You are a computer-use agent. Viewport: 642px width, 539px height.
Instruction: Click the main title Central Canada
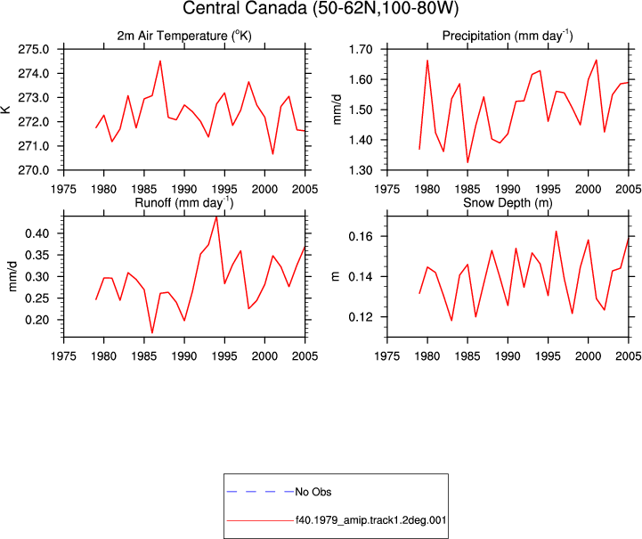[321, 8]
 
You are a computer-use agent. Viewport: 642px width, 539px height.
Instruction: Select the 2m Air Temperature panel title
[184, 36]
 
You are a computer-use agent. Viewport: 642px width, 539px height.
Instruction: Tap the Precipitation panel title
[508, 36]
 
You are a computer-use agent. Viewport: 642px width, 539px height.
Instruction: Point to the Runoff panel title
[184, 203]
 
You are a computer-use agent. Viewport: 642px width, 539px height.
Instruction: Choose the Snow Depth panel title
[508, 203]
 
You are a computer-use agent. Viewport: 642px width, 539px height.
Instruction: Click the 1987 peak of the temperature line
[160, 61]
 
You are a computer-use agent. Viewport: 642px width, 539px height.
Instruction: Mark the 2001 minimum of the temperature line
[272, 154]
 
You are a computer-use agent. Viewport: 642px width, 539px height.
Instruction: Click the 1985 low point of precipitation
[467, 163]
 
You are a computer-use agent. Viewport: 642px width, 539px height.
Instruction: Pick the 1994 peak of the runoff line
[216, 216]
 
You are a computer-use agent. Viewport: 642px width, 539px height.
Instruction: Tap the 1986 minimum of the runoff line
[152, 333]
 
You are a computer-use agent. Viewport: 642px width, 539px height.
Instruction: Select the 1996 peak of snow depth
[556, 232]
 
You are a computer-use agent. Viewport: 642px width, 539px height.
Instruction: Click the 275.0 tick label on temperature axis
[33, 50]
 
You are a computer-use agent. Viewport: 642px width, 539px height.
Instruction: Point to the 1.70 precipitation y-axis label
[361, 50]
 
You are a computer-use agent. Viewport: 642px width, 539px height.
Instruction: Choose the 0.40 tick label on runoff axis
[37, 233]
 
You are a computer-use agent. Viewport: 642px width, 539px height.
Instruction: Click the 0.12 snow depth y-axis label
[361, 317]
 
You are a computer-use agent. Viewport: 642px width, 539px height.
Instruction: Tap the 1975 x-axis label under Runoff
[63, 356]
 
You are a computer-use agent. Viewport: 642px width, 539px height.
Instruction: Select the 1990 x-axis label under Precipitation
[508, 189]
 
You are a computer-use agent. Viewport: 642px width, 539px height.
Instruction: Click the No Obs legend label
[313, 492]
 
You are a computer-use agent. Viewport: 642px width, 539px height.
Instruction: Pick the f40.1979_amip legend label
[371, 520]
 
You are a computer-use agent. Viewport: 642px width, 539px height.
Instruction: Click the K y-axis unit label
[6, 110]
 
